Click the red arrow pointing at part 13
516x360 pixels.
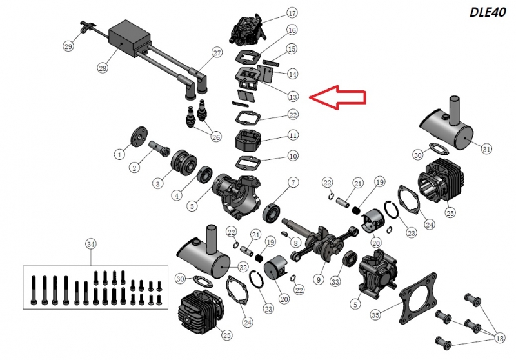pos(337,97)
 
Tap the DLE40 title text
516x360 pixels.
pos(488,12)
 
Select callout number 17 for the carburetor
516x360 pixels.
pos(292,14)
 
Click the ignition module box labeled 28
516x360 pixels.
pos(130,38)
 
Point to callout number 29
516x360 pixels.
pos(68,46)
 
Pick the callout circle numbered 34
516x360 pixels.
pos(91,245)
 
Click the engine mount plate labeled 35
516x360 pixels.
pos(417,298)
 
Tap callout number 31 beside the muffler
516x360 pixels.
pos(486,149)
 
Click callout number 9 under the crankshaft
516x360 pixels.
pos(319,280)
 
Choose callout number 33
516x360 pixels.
pos(335,282)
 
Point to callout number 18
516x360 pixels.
pos(499,338)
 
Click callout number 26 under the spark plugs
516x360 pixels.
pos(216,137)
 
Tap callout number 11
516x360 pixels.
pos(293,135)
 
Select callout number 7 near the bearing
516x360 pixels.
pos(293,183)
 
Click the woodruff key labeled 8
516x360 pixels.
pos(285,234)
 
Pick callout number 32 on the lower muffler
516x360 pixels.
pos(243,267)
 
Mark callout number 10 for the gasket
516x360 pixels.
pos(293,156)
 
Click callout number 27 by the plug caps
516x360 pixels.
pos(217,53)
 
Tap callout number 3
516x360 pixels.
pos(158,183)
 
